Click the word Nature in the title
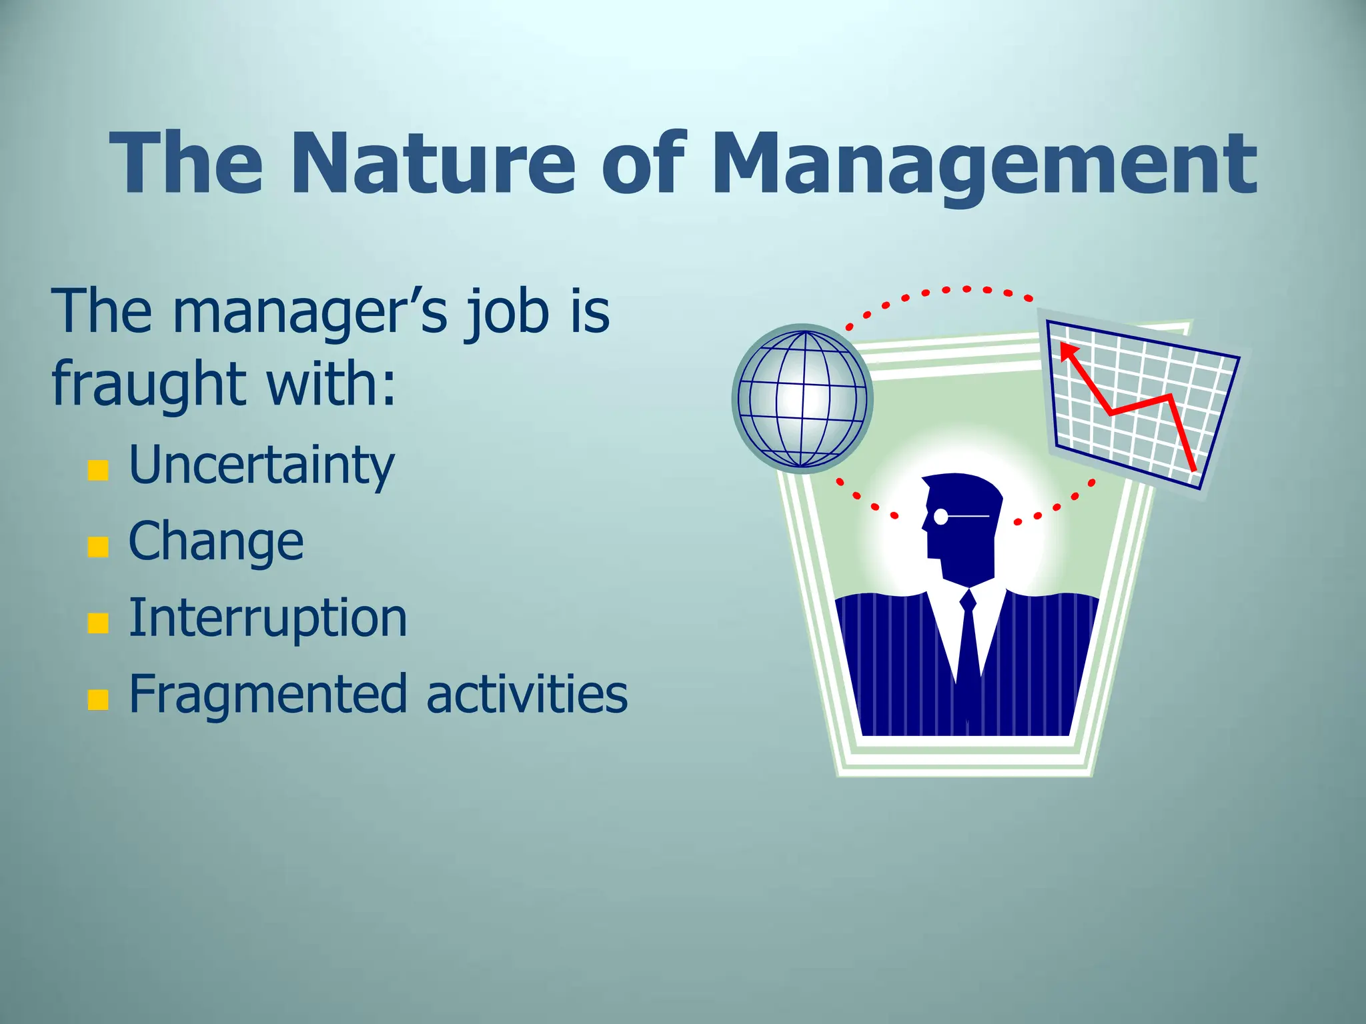point(432,163)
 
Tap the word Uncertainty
point(261,465)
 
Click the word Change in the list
point(215,541)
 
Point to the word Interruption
point(267,617)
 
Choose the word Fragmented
point(267,695)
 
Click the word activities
point(526,693)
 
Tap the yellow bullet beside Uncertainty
point(98,470)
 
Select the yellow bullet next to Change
point(98,546)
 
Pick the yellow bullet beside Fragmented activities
point(98,699)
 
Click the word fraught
point(151,385)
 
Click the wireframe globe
point(802,399)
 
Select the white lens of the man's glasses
point(941,516)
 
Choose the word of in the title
point(644,163)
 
